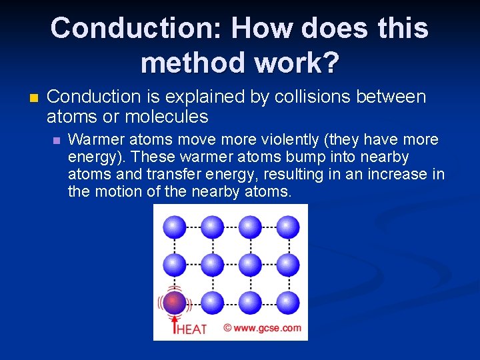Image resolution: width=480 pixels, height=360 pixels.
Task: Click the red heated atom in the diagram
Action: click(174, 302)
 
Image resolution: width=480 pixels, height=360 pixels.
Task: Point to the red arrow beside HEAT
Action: click(175, 325)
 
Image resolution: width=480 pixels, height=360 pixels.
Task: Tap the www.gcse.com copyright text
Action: click(262, 328)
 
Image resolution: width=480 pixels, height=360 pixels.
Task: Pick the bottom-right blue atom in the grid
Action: click(288, 302)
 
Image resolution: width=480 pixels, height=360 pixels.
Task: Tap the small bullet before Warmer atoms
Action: click(57, 141)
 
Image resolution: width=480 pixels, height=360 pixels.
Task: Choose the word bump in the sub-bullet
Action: click(289, 157)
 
